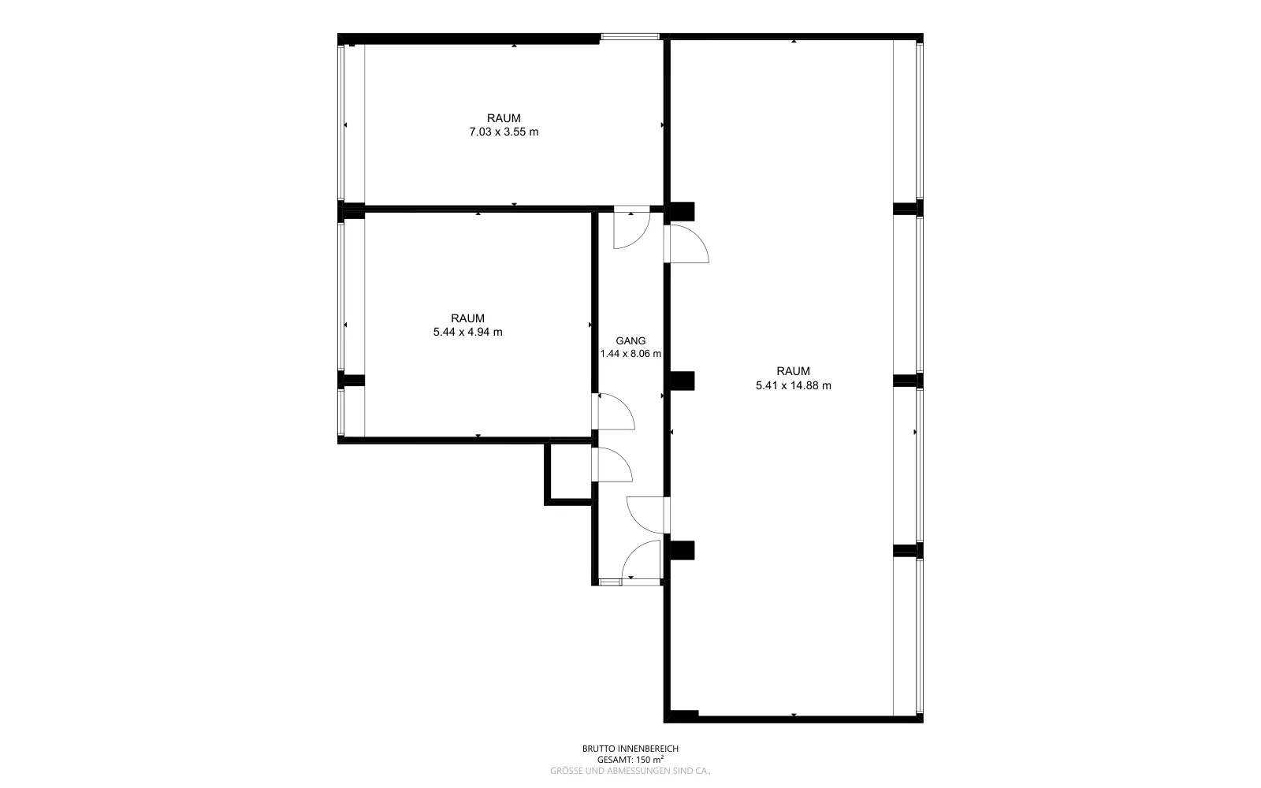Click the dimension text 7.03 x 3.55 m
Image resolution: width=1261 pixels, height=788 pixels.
click(504, 132)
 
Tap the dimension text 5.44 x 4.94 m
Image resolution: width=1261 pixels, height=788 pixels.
click(468, 332)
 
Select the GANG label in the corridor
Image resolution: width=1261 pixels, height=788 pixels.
click(630, 340)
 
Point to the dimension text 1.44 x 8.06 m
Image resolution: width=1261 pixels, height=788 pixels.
click(630, 354)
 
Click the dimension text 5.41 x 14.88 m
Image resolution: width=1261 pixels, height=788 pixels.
click(793, 385)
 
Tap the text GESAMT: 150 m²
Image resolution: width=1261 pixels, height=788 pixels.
click(630, 760)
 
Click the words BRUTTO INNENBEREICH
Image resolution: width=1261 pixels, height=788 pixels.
click(630, 749)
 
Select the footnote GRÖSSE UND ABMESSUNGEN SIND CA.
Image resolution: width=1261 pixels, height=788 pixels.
click(630, 771)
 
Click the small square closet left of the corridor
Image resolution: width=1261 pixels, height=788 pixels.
click(568, 472)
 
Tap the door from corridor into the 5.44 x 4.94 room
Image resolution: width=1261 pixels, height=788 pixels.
click(613, 411)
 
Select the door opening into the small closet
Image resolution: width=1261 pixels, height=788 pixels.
click(612, 465)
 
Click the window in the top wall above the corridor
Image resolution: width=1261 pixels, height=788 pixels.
click(630, 36)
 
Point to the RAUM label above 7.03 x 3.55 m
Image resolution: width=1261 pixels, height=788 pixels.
click(504, 118)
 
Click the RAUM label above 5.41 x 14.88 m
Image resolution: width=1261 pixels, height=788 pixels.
click(793, 371)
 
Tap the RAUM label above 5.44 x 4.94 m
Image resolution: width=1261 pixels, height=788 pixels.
click(468, 318)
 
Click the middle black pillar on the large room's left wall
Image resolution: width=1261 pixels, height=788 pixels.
click(682, 381)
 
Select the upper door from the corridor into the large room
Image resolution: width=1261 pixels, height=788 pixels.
click(686, 243)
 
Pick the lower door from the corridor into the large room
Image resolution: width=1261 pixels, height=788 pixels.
click(647, 515)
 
